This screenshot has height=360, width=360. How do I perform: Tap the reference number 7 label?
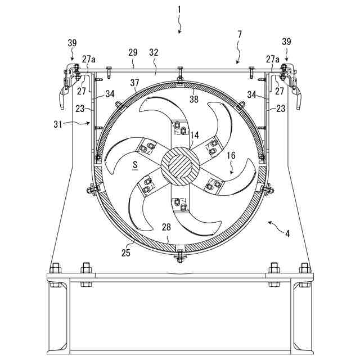point(240,35)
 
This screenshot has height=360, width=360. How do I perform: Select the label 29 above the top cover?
point(133,52)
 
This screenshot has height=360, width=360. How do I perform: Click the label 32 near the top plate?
point(154,52)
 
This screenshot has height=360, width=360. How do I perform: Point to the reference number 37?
point(134,83)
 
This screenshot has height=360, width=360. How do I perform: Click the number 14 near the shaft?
point(195,136)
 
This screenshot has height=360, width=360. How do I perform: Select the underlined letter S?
point(136,165)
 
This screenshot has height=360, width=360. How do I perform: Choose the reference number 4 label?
point(287,232)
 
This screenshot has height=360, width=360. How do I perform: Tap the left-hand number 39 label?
point(72,43)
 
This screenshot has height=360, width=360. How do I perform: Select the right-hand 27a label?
point(273,58)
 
